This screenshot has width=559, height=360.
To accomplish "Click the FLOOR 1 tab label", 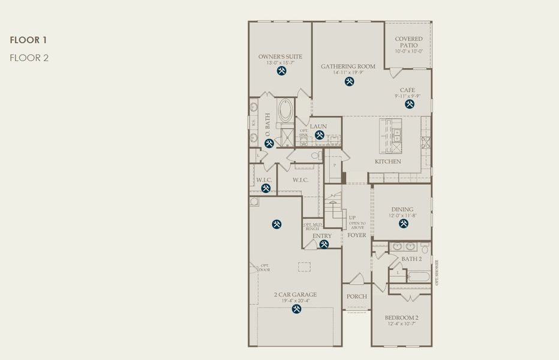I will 28,40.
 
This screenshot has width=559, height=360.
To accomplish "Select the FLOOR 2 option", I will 29,58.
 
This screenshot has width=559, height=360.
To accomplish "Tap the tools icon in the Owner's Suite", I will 281,71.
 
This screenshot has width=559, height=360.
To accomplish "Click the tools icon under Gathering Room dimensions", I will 350,82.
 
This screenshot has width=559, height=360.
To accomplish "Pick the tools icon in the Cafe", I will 410,104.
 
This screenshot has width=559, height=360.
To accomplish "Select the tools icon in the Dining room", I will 404,224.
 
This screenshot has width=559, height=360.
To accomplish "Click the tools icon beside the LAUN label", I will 320,135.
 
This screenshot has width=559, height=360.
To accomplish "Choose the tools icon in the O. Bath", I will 269,143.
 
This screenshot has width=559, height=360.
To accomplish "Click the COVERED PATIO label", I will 408,42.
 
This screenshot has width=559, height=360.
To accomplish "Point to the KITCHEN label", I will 388,162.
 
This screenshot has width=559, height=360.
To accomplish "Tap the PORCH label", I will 356,296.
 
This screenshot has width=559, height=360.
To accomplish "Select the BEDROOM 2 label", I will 401,317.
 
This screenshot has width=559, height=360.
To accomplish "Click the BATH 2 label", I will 411,259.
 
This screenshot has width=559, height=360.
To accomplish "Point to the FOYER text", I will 357,235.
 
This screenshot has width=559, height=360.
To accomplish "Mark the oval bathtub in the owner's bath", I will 285,110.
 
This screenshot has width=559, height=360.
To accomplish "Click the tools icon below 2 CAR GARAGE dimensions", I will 296,309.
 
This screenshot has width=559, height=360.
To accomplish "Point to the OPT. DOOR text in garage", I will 265,268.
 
